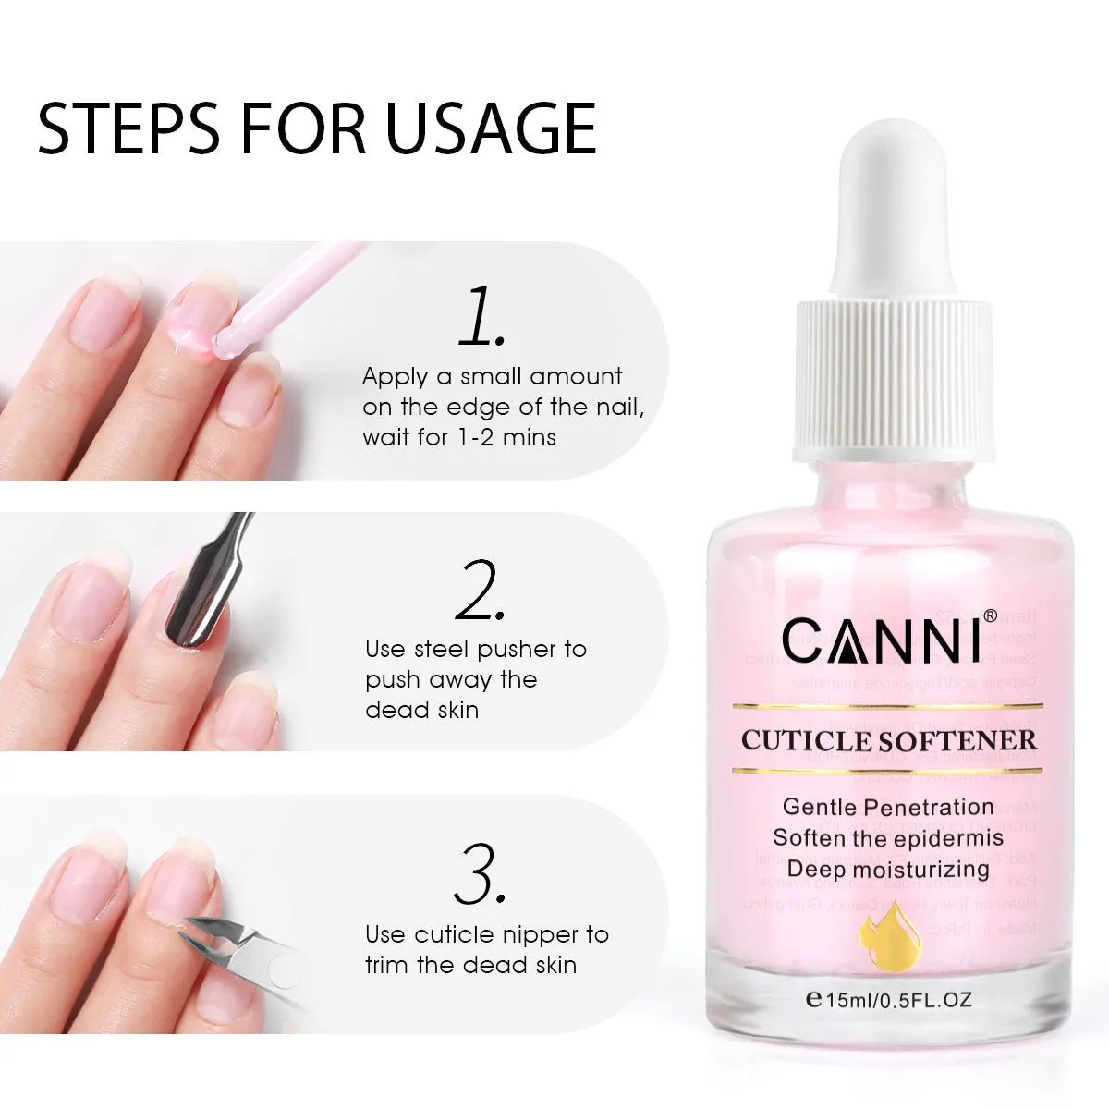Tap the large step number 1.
tap(481, 317)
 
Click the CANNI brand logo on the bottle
tap(881, 639)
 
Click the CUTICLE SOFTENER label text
tap(888, 740)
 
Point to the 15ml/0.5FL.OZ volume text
tap(888, 999)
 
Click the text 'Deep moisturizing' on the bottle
tap(888, 869)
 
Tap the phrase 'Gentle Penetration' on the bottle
tap(888, 807)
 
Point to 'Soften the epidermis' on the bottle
tap(888, 837)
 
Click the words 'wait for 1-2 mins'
tap(459, 437)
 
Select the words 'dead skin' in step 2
tap(422, 710)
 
